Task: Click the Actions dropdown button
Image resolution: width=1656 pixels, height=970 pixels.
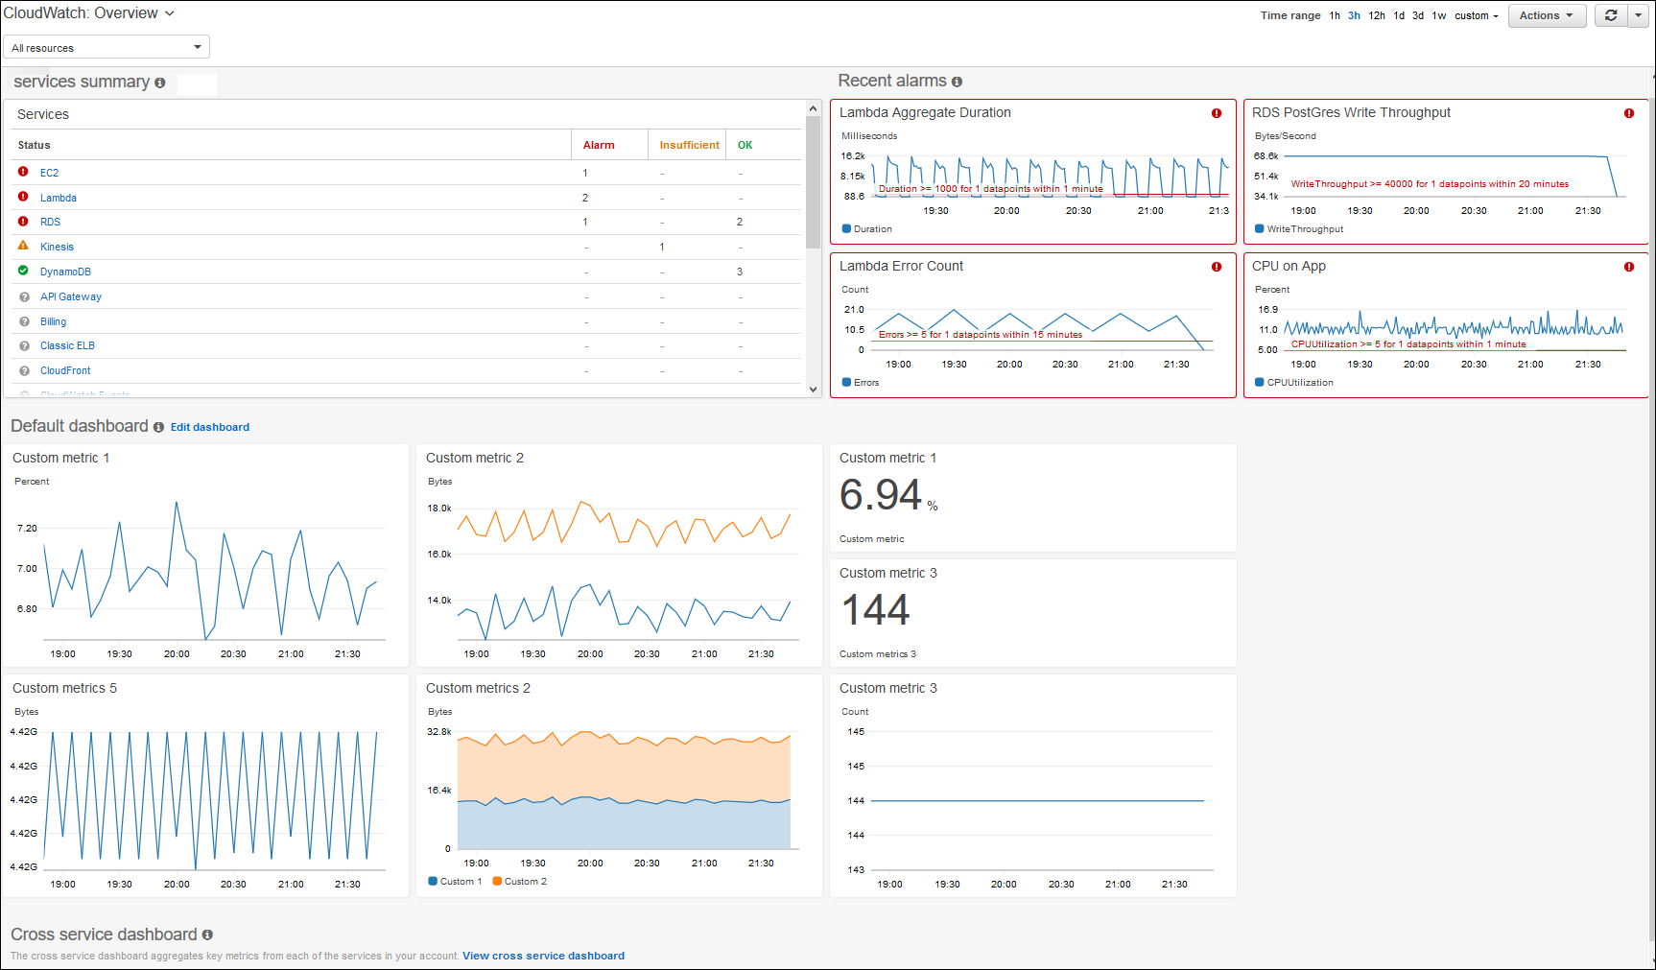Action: click(1546, 15)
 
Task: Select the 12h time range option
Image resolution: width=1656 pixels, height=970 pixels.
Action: click(1376, 15)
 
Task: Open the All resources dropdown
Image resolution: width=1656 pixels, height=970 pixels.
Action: click(106, 47)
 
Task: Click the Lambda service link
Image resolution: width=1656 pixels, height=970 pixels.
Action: click(59, 198)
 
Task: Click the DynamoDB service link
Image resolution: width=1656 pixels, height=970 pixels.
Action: click(65, 272)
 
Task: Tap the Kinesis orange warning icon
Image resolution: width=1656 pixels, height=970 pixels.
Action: click(23, 246)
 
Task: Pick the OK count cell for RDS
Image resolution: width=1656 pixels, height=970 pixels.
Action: click(739, 222)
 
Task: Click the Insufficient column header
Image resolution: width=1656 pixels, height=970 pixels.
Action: click(688, 145)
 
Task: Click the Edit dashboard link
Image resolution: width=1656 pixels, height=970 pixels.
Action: click(209, 427)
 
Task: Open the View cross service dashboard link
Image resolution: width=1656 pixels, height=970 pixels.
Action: click(543, 956)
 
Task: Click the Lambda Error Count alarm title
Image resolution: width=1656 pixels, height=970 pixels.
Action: click(901, 266)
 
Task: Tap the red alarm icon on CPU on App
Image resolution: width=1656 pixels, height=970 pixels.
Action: click(1628, 267)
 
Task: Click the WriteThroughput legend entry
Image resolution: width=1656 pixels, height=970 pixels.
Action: click(1304, 229)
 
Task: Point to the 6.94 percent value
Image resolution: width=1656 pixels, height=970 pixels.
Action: click(881, 495)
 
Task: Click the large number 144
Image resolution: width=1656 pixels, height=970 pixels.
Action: click(875, 610)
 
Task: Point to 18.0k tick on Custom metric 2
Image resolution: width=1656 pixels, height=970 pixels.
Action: click(438, 509)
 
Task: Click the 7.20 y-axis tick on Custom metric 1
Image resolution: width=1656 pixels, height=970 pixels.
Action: click(27, 528)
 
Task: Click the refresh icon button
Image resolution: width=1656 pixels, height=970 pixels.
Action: click(1611, 15)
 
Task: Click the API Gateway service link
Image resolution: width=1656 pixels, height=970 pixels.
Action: click(70, 296)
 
